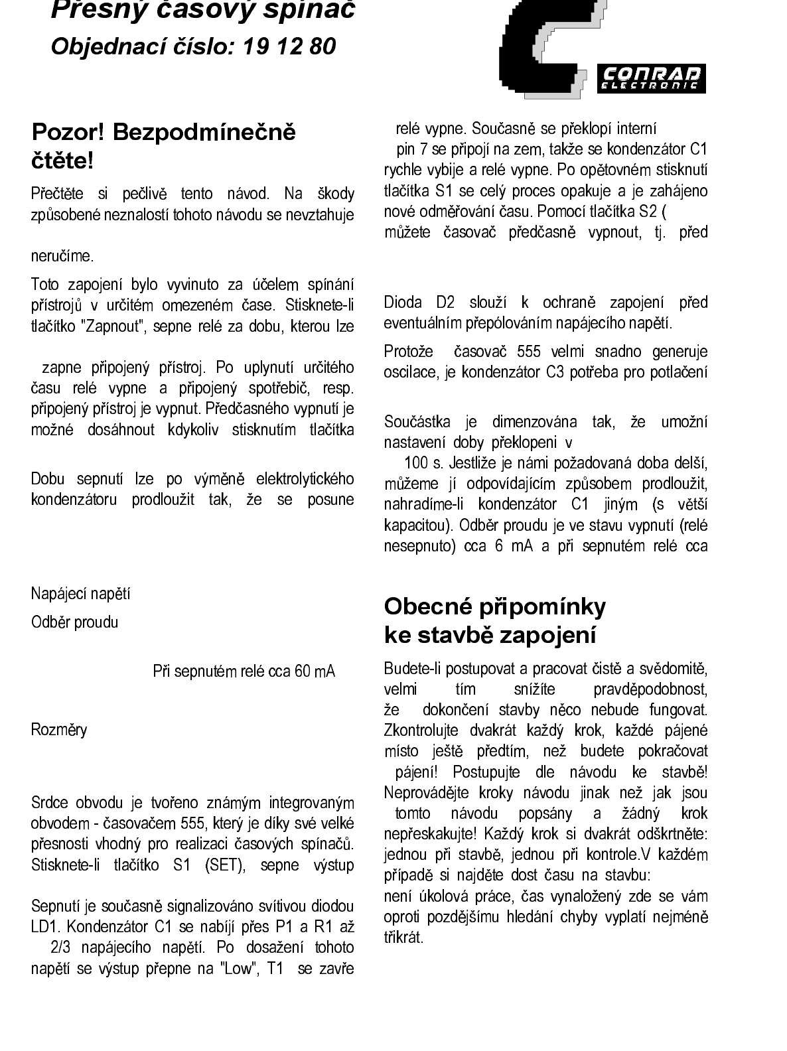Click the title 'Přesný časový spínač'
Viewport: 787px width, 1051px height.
(203, 9)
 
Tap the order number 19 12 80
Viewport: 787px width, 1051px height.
(289, 46)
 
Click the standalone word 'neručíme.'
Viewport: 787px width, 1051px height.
(63, 256)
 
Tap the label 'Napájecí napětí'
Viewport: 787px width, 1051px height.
(80, 593)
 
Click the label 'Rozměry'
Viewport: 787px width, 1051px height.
(59, 730)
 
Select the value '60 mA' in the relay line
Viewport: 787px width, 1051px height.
(315, 671)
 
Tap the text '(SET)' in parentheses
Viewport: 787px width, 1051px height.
(226, 865)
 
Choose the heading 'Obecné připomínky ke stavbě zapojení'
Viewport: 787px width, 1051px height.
(495, 620)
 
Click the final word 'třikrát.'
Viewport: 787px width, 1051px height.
(403, 938)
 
